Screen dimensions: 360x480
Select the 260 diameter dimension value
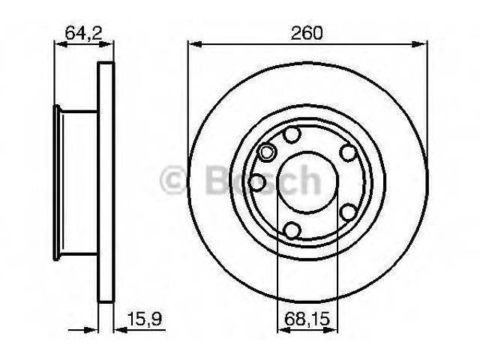[x=307, y=32]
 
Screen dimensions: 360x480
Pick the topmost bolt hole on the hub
[x=292, y=135]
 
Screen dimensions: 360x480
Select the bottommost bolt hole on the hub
[x=295, y=229]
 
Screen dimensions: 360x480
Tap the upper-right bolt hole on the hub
[x=347, y=152]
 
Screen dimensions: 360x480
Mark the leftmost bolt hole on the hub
[x=257, y=182]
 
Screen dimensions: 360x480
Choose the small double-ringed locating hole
[x=266, y=153]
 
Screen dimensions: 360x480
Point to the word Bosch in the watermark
[x=254, y=181]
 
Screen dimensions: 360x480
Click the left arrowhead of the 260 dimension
[x=192, y=43]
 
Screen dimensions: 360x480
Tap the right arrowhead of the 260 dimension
[x=425, y=43]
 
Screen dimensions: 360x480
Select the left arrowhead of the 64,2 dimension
[x=58, y=43]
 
